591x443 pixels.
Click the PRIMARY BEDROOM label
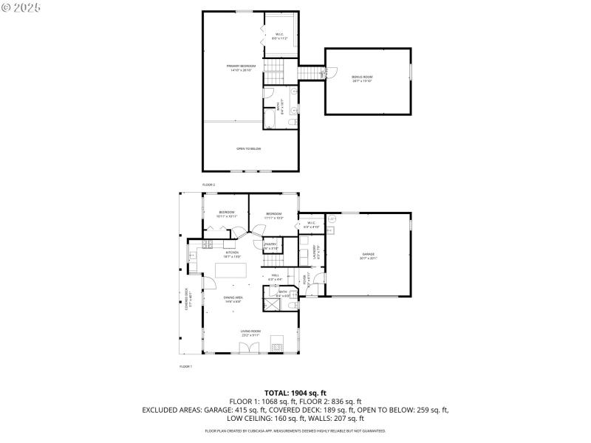pos(242,66)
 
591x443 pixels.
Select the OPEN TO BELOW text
pos(248,148)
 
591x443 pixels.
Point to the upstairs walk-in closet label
pos(279,35)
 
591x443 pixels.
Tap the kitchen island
pos(232,272)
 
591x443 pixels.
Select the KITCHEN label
pos(231,253)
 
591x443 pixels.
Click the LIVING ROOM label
pos(250,332)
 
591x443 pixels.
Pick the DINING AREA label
pos(234,298)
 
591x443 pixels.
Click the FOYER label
pos(305,278)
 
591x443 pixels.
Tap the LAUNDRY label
pos(315,253)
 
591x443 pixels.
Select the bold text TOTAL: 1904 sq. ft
pos(295,393)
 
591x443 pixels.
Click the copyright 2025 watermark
pos(21,7)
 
